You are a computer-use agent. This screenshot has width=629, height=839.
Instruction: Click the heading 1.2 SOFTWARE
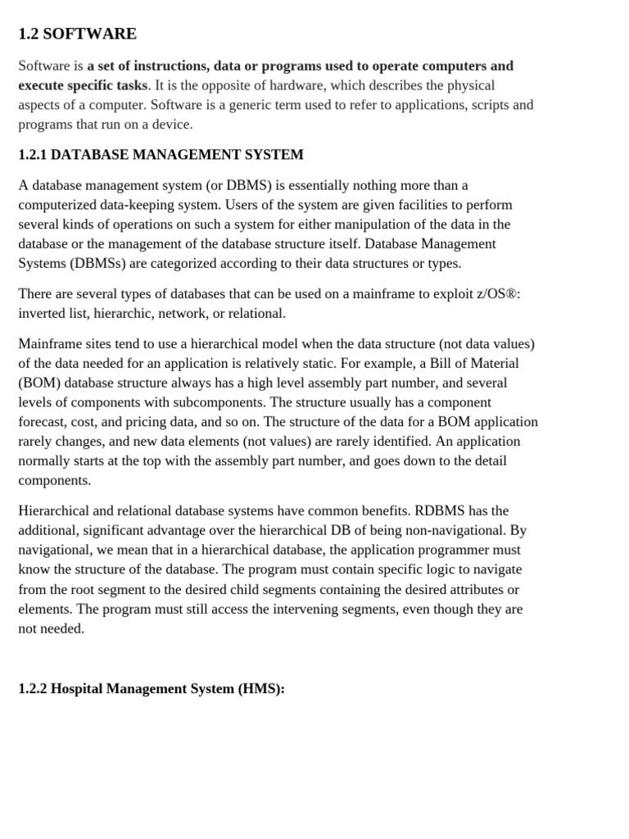click(x=77, y=34)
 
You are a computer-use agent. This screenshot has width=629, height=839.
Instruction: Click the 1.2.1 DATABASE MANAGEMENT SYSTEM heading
click(x=161, y=155)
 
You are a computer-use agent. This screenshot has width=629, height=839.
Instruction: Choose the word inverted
click(x=42, y=314)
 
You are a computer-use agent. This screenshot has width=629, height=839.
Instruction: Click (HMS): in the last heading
click(x=260, y=689)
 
